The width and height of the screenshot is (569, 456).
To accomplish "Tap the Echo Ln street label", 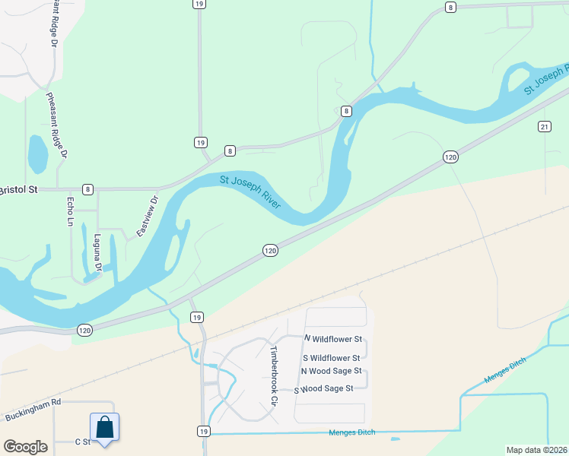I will pos(70,211).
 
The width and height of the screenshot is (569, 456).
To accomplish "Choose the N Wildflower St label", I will pos(332,338).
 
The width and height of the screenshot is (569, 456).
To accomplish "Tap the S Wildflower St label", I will pos(332,357).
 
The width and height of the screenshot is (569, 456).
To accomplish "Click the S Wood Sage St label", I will pos(324,388).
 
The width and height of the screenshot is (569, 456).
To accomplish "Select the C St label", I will pos(82,442).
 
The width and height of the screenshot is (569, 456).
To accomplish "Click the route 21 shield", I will pos(544,125).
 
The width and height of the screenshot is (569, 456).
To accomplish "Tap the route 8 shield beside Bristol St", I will pos(88,188).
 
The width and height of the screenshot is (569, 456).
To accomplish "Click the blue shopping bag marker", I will pos(105,427).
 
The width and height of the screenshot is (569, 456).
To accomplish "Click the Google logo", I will pos(25,447).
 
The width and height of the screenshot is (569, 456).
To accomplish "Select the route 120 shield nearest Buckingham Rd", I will pos(84,330).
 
